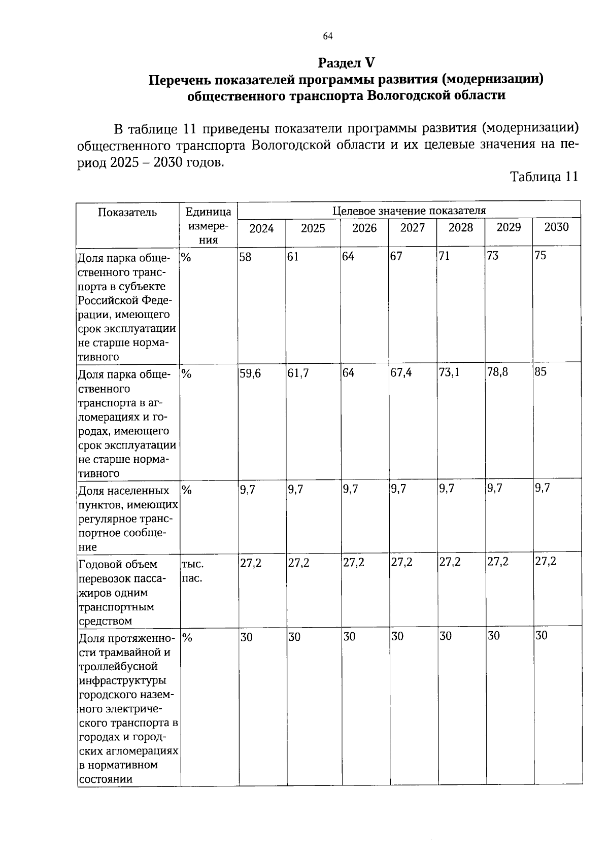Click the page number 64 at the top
pos(327,36)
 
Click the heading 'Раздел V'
pos(346,63)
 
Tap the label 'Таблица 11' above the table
pos(544,177)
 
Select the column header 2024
pos(261,229)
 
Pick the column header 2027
pos(412,228)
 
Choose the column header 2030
pos(556,227)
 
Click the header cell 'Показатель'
pos(127,213)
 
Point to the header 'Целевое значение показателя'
pos(409,211)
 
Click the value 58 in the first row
pos(245,257)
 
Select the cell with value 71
pos(444,256)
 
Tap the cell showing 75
pos(540,256)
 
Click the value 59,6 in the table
pos(250,373)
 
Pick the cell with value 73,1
pos(449,372)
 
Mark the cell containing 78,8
pos(497,372)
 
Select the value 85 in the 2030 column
pos(540,372)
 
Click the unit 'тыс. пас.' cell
pos(193,571)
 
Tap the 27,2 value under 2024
pos(251,563)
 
